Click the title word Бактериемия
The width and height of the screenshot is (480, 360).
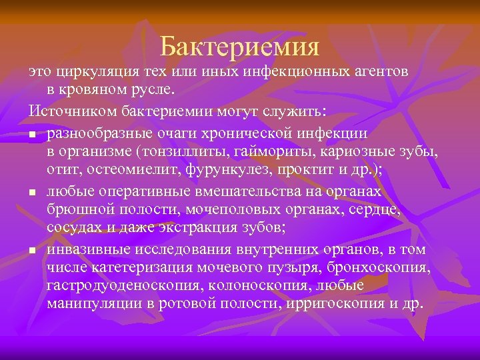240,46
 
